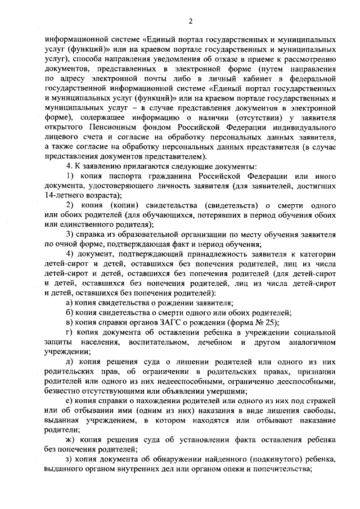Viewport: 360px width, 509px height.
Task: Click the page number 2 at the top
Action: (x=191, y=21)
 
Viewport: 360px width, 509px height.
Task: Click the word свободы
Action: (x=321, y=409)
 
